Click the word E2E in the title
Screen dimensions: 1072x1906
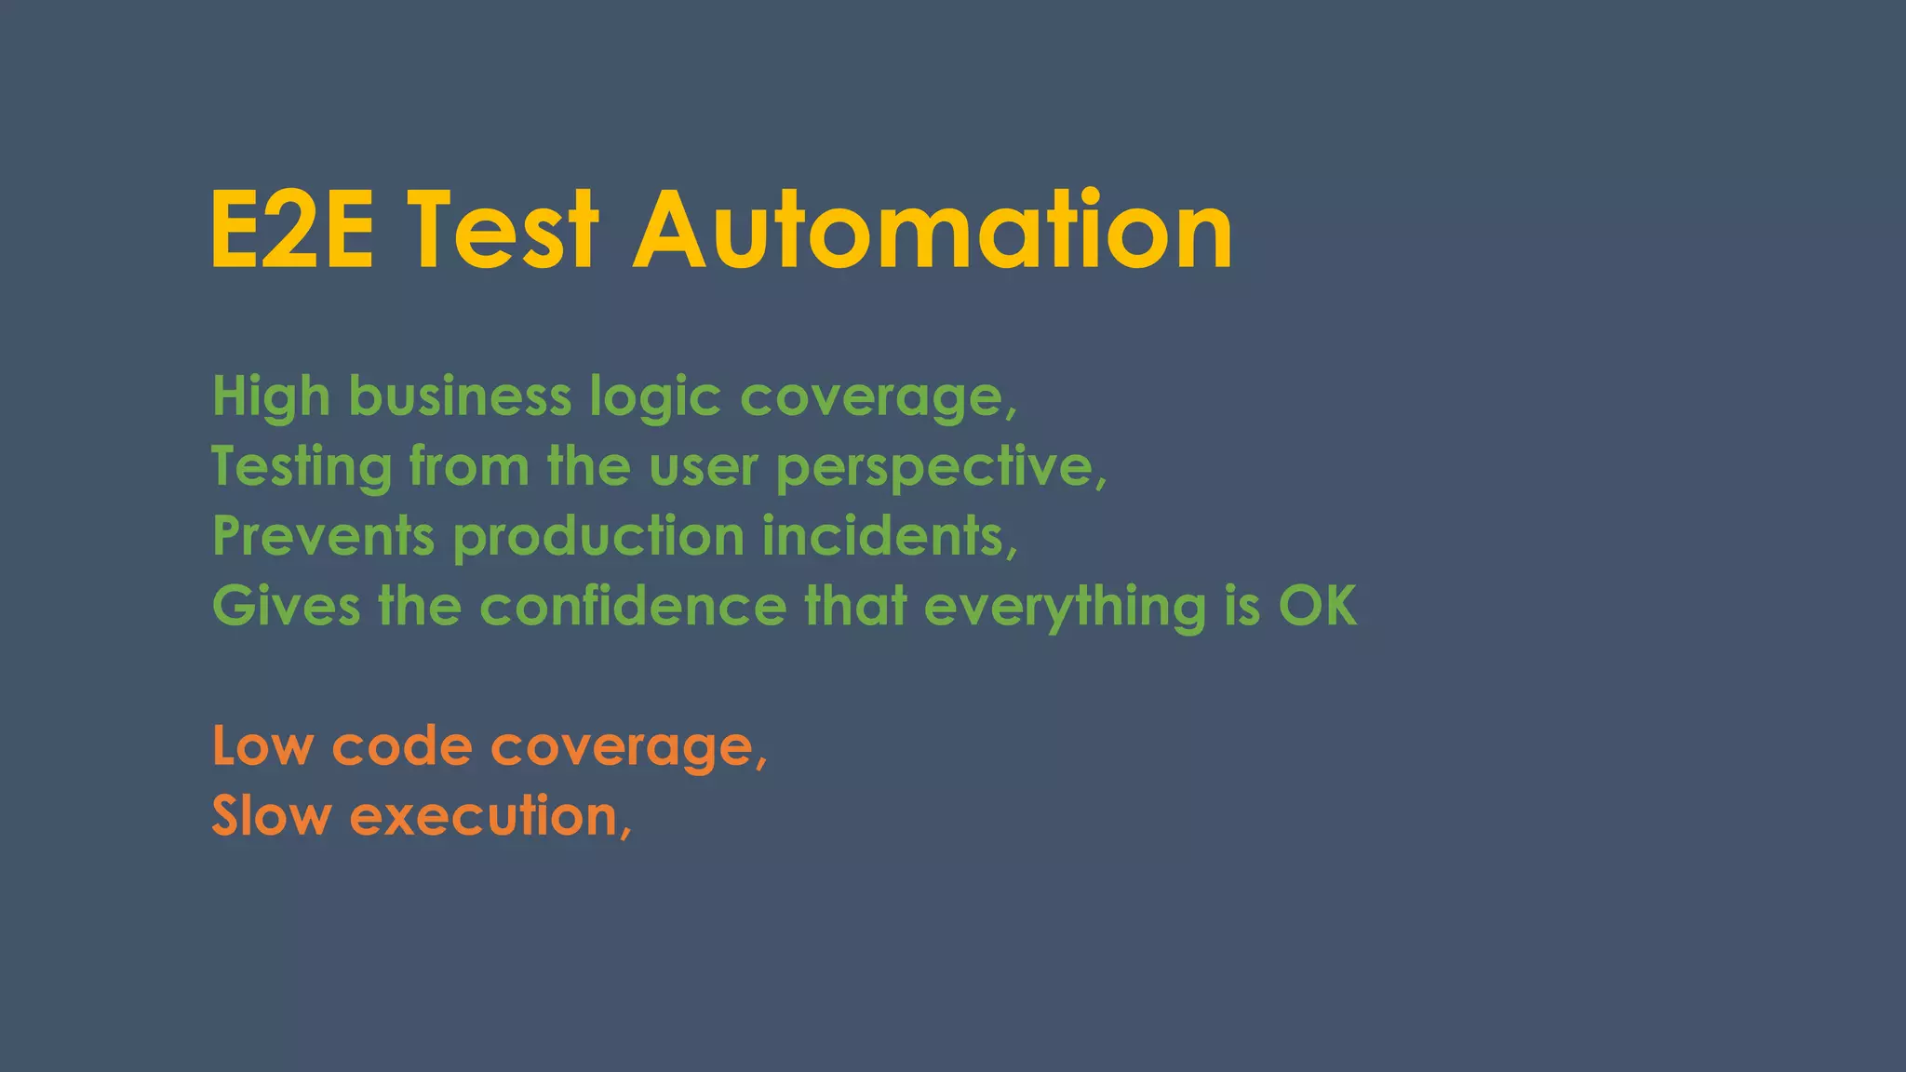click(292, 230)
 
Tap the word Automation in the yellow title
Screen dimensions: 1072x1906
click(933, 230)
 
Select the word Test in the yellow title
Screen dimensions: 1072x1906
click(503, 230)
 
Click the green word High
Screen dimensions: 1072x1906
click(271, 397)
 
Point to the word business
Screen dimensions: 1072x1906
click(460, 397)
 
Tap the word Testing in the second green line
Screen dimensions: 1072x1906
click(302, 468)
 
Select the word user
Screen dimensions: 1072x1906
click(704, 468)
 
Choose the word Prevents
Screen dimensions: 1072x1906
click(323, 537)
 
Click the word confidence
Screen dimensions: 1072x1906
click(633, 607)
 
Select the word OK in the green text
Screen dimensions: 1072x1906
click(1318, 607)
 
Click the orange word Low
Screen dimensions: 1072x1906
click(262, 746)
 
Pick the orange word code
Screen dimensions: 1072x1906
click(402, 746)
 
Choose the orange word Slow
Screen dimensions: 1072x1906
click(271, 816)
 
